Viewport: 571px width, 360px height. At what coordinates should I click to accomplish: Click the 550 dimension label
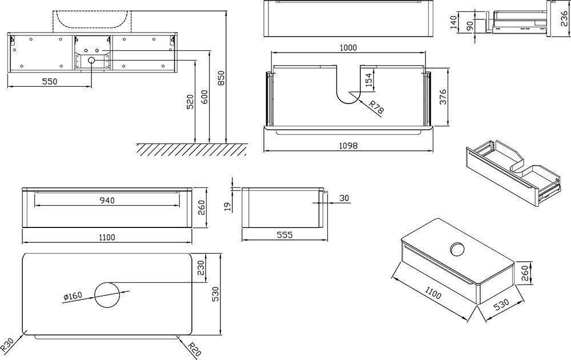tap(50, 81)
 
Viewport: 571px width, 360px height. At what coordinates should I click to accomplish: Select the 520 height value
tap(190, 103)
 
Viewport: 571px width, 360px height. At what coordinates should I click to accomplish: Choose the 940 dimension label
tap(107, 200)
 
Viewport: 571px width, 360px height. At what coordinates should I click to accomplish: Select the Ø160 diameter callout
tap(72, 296)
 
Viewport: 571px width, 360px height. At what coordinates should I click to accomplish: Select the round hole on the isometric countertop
tap(457, 249)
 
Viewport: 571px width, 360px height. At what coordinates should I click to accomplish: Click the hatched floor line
tap(191, 149)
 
